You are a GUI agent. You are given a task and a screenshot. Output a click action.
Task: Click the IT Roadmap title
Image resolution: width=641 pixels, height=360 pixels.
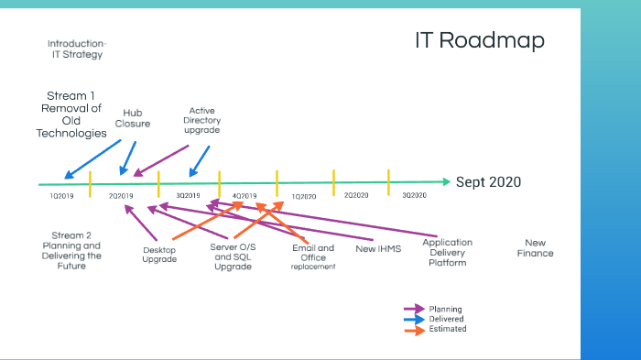(x=478, y=41)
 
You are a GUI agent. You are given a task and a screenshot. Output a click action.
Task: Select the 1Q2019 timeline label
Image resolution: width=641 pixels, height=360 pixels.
(x=62, y=195)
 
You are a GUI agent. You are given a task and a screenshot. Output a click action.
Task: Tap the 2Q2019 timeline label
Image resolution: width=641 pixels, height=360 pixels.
(x=121, y=195)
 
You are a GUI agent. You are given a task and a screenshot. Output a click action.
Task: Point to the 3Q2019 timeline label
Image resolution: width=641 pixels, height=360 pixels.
(x=188, y=195)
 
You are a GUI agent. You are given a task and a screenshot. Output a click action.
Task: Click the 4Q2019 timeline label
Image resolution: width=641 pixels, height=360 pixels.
(x=244, y=195)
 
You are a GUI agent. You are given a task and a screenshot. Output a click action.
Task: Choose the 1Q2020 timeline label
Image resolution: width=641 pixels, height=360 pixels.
(x=304, y=195)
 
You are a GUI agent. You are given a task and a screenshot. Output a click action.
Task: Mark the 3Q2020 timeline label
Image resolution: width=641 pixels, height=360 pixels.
(x=414, y=195)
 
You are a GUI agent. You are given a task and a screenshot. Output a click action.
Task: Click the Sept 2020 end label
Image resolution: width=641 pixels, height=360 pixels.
(x=488, y=182)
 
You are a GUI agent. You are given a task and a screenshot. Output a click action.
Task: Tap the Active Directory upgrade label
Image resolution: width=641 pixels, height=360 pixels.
(x=201, y=120)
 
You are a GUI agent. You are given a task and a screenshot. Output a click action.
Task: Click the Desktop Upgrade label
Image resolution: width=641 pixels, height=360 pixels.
(x=159, y=254)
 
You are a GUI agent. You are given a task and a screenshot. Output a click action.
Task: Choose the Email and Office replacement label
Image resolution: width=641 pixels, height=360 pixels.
(x=313, y=256)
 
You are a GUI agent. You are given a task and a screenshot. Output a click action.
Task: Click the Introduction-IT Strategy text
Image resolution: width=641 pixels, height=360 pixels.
(x=75, y=49)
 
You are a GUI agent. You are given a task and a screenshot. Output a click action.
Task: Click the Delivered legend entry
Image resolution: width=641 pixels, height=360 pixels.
(x=446, y=319)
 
